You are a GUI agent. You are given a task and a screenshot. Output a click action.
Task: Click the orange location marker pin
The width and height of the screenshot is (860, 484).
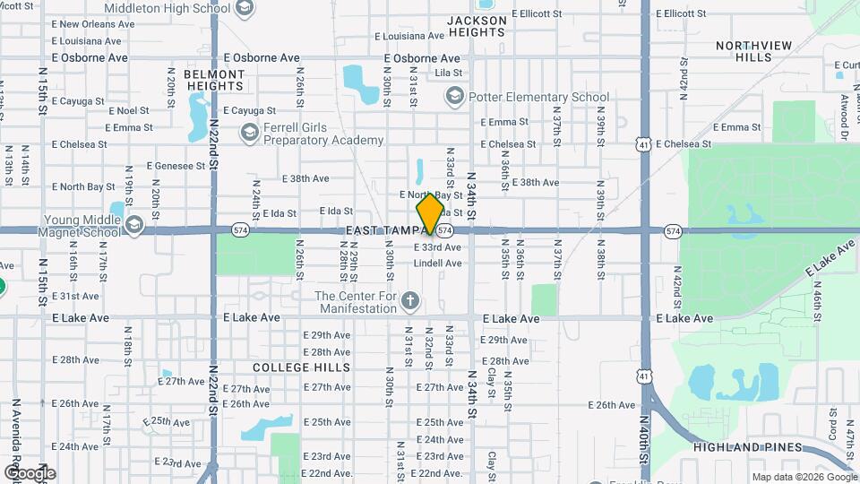pyautogui.click(x=430, y=213)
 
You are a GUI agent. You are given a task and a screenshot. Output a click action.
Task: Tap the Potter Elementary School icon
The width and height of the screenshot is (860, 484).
pyautogui.click(x=455, y=96)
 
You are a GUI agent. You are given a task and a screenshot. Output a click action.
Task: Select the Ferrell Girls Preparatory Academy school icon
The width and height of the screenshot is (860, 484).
pyautogui.click(x=249, y=133)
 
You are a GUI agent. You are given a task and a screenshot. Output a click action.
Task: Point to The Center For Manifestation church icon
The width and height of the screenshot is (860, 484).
pyautogui.click(x=409, y=300)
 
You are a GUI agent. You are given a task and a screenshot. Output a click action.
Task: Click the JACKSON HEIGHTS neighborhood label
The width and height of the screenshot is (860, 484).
pyautogui.click(x=477, y=26)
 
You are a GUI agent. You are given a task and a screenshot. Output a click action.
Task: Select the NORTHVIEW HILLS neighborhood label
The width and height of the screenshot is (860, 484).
pyautogui.click(x=744, y=51)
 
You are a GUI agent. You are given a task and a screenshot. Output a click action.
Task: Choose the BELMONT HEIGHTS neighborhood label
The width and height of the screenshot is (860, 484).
pyautogui.click(x=214, y=80)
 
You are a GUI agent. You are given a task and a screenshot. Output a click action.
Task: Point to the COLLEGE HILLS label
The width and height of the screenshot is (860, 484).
pyautogui.click(x=288, y=368)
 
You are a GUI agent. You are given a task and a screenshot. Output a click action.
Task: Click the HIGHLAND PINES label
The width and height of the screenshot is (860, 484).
pyautogui.click(x=732, y=446)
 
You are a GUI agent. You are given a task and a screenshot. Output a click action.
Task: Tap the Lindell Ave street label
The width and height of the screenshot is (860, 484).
pyautogui.click(x=437, y=264)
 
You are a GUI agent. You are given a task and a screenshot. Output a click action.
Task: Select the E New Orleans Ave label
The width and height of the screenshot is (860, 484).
pyautogui.click(x=92, y=24)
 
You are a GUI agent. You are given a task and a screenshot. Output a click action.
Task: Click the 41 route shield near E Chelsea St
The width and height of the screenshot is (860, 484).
pyautogui.click(x=643, y=143)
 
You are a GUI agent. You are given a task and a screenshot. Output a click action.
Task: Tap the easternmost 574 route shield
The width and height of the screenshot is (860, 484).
pyautogui.click(x=674, y=231)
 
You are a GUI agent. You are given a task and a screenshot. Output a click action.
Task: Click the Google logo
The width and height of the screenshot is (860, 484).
pyautogui.click(x=29, y=472)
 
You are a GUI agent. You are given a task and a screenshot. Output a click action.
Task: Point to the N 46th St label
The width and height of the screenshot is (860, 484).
pyautogui.click(x=817, y=305)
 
